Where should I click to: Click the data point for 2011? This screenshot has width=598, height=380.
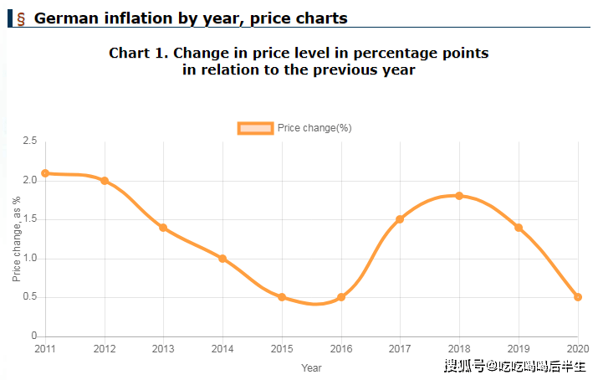(x=45, y=173)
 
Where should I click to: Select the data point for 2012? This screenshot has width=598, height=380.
(x=105, y=181)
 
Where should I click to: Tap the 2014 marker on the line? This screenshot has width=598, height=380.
(x=222, y=259)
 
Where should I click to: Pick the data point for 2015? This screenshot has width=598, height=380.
(x=282, y=297)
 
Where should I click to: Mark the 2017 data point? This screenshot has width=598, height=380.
(x=400, y=219)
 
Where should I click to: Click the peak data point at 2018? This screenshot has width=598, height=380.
(x=459, y=196)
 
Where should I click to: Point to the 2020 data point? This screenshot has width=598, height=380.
(x=578, y=297)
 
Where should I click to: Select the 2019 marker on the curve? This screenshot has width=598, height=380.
(x=519, y=228)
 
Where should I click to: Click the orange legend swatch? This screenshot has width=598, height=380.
(x=255, y=128)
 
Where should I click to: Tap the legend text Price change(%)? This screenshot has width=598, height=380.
(x=314, y=128)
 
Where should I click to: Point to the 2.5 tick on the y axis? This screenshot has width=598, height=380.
(x=29, y=141)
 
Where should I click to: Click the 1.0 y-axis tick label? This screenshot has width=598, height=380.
(x=29, y=259)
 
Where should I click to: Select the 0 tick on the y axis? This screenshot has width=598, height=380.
(x=33, y=336)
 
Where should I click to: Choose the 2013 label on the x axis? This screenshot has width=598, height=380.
(x=163, y=349)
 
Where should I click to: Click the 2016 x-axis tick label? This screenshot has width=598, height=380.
(x=340, y=349)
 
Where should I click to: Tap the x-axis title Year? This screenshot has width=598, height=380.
(x=311, y=367)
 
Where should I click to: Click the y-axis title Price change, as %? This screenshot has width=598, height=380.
(x=17, y=239)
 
